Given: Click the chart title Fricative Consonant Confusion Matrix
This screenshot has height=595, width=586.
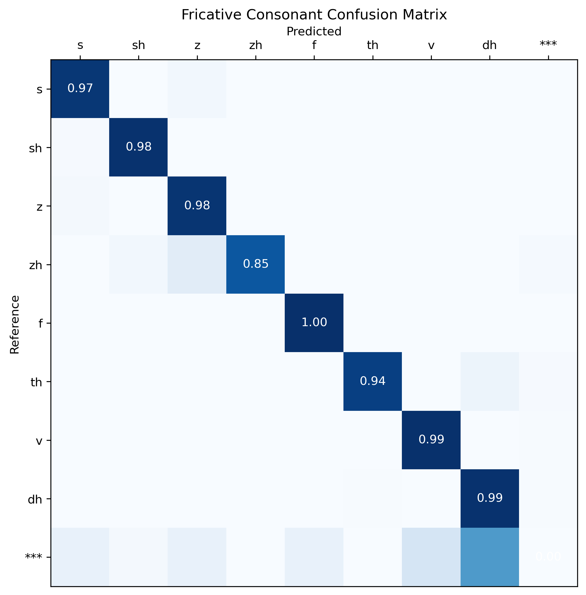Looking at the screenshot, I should point(314,15).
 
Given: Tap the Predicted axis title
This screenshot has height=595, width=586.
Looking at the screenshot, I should point(314,31).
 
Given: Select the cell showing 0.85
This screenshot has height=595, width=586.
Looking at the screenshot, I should point(255,264).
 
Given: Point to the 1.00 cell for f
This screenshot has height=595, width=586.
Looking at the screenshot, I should point(314,322).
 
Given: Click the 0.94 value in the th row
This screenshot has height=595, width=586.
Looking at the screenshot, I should point(373,381).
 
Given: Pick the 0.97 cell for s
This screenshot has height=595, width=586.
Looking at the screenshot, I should point(80,88).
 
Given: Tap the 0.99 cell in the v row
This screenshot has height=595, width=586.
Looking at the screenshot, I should point(431,440).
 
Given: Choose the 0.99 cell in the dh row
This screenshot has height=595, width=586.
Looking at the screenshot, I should point(490,498).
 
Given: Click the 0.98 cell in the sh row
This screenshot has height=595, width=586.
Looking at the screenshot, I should point(139,147).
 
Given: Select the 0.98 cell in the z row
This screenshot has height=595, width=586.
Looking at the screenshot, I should point(197,205).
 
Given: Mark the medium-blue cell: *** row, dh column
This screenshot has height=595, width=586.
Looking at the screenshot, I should point(490,557).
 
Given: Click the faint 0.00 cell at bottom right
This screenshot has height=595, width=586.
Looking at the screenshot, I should point(548,557).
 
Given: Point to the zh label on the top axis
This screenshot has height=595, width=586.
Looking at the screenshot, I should point(255,46).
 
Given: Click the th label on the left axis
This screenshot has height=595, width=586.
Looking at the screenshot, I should point(36,382).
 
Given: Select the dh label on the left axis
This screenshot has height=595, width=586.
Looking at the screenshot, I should point(35,499).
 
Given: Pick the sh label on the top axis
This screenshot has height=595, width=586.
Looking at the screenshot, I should point(139,46).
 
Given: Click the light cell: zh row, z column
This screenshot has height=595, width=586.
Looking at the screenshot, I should point(197,264).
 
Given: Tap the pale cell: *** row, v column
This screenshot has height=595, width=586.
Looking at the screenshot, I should point(431,557).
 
